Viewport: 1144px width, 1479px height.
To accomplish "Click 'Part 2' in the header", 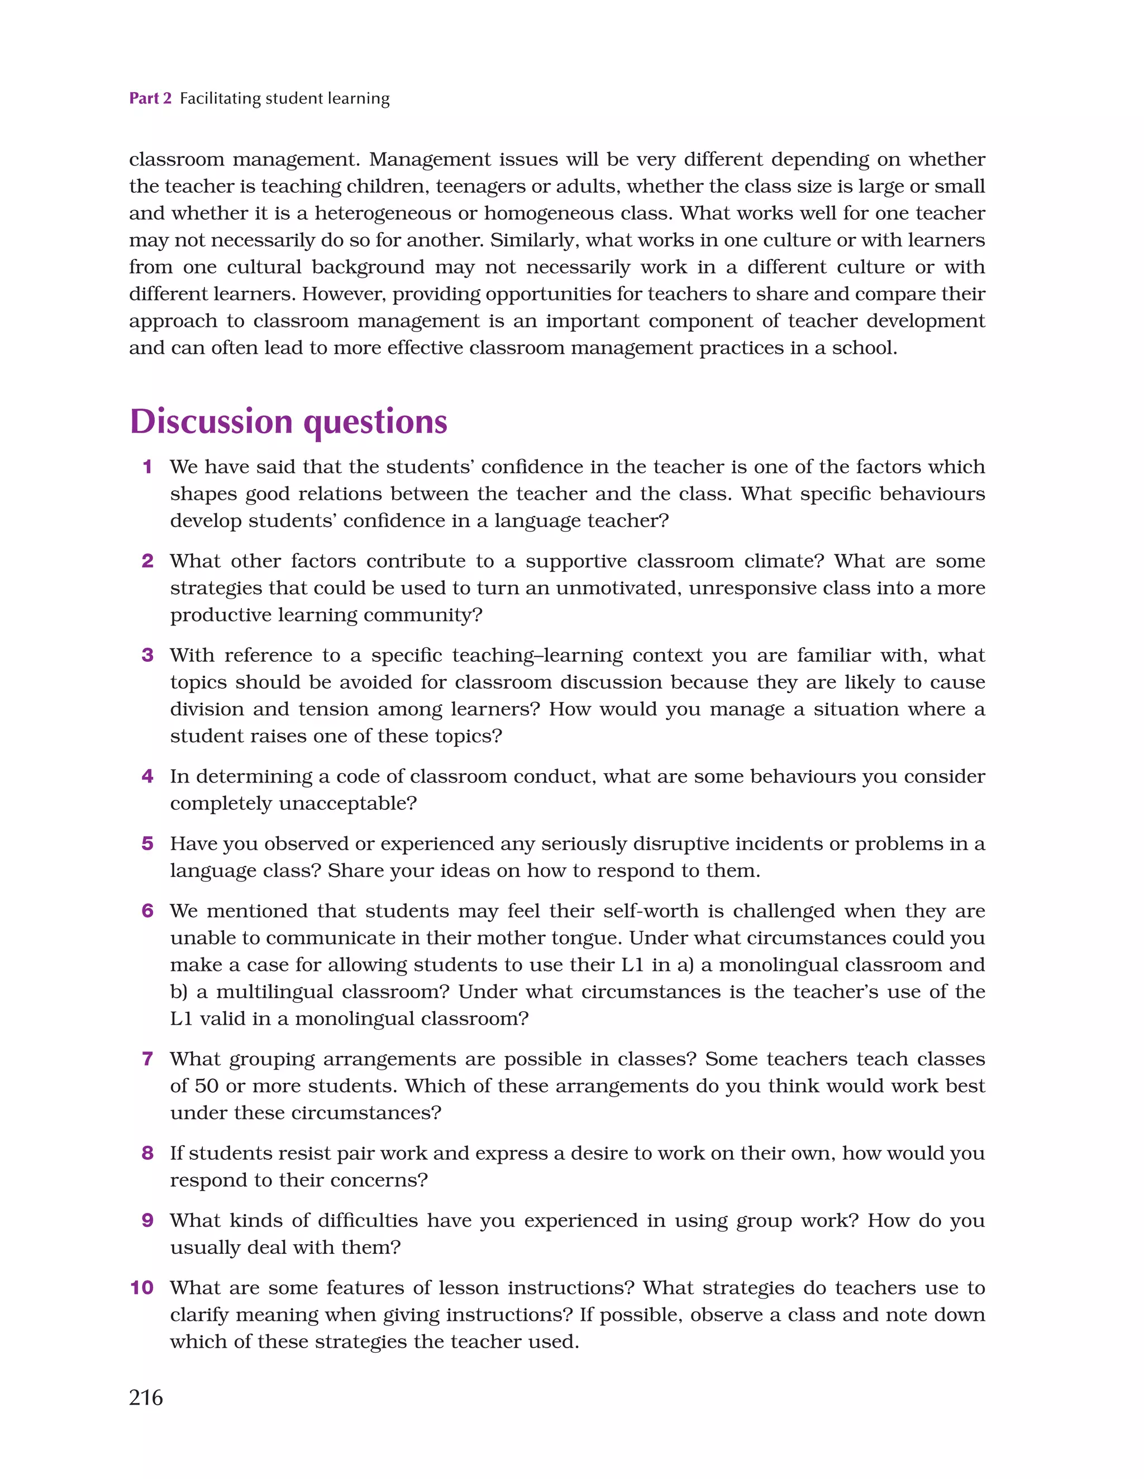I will [150, 98].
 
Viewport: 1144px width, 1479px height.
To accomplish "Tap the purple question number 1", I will [147, 467].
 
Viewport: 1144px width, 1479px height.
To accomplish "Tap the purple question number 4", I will [147, 776].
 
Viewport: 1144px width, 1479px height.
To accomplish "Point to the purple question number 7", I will [147, 1059].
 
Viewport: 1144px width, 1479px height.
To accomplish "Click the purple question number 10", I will [142, 1287].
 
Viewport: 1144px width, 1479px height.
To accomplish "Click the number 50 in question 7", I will [207, 1085].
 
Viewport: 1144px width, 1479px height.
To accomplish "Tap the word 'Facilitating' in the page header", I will [220, 98].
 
